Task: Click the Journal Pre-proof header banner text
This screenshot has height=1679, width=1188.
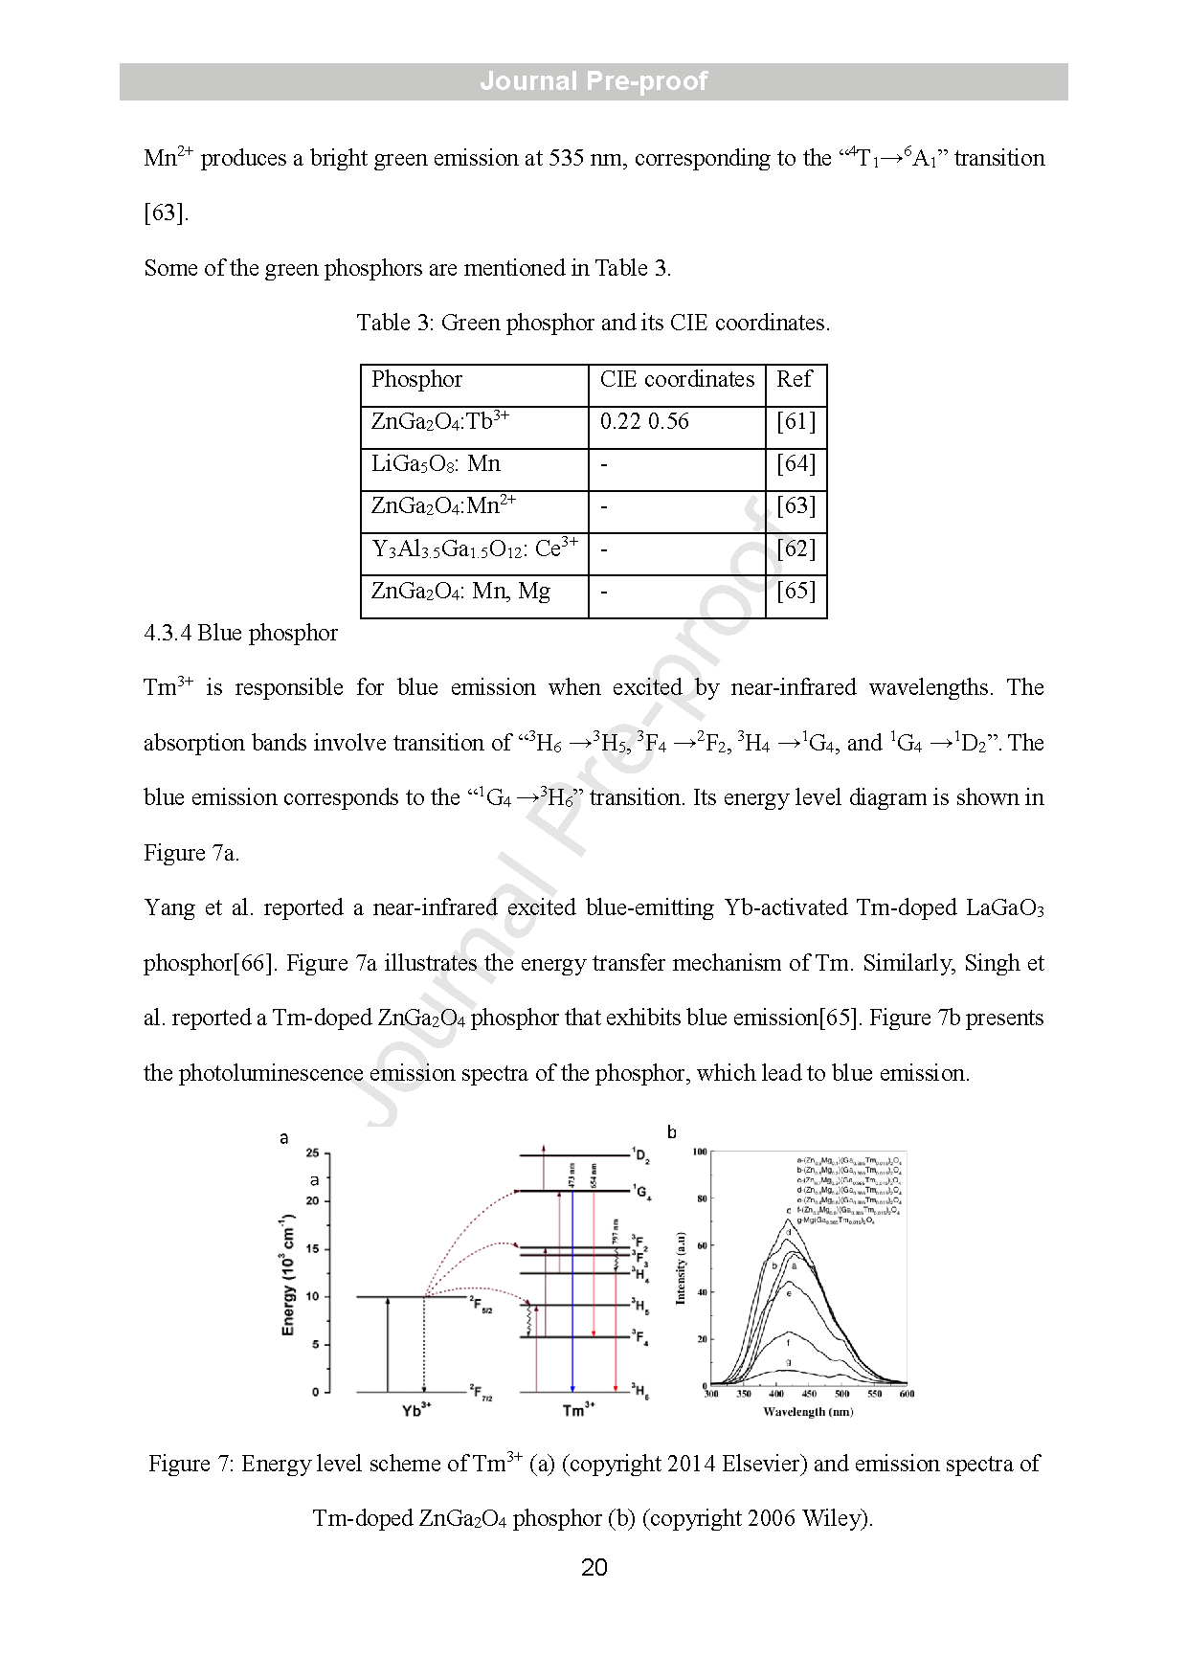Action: pyautogui.click(x=594, y=81)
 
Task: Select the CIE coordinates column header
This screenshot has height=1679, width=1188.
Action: pyautogui.click(x=677, y=380)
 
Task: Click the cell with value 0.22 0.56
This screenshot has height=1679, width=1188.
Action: pyautogui.click(x=644, y=422)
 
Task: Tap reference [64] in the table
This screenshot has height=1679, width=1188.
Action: pyautogui.click(x=796, y=464)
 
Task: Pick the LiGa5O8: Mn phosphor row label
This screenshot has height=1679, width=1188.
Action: pyautogui.click(x=436, y=464)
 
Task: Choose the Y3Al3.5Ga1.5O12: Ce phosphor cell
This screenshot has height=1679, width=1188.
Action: pyautogui.click(x=474, y=549)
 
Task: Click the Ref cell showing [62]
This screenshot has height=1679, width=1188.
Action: pyautogui.click(x=796, y=549)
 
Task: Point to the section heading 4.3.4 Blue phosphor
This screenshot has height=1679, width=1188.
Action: pyautogui.click(x=240, y=634)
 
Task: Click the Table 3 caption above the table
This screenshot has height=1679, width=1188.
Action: pyautogui.click(x=593, y=324)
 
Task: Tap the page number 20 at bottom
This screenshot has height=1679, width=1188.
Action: pyautogui.click(x=594, y=1568)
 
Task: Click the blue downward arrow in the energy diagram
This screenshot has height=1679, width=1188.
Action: pyautogui.click(x=572, y=1292)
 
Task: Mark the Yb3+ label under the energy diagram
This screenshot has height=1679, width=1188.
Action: pyautogui.click(x=416, y=1410)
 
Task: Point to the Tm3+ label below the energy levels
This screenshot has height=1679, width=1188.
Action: pyautogui.click(x=578, y=1410)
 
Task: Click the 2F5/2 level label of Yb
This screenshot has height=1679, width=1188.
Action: pyautogui.click(x=481, y=1305)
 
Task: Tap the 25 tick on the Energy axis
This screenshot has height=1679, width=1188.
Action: pyautogui.click(x=312, y=1153)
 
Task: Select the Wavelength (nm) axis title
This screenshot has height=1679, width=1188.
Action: pyautogui.click(x=808, y=1412)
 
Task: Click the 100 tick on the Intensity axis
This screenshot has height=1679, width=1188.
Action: pyautogui.click(x=700, y=1153)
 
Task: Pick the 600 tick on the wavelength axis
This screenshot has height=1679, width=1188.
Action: pyautogui.click(x=907, y=1394)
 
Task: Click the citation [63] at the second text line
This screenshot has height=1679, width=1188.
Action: pyautogui.click(x=166, y=213)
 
